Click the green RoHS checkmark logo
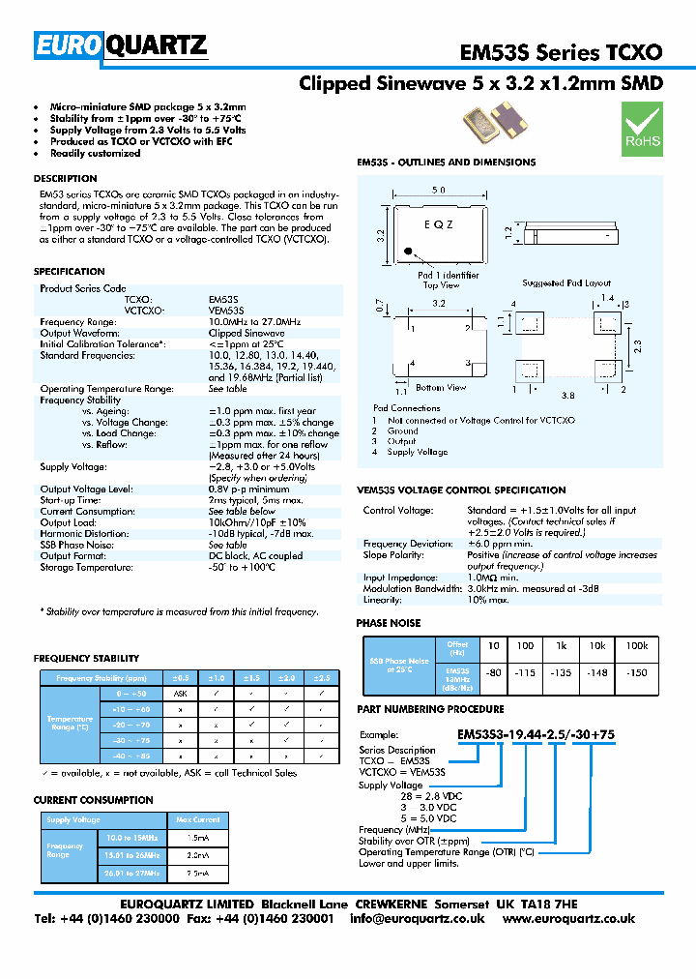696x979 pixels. [642, 128]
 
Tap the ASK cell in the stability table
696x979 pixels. [180, 695]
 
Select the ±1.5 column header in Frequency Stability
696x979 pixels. [251, 678]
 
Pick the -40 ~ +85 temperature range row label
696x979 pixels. [130, 756]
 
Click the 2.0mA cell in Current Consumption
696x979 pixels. [197, 855]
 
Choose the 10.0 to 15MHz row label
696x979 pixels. [133, 837]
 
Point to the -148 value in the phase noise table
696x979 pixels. [598, 672]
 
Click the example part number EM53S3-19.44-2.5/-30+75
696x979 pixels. [536, 734]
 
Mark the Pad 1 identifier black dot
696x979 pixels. [408, 254]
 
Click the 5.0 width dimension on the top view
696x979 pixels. [438, 191]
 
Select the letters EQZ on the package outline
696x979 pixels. [438, 223]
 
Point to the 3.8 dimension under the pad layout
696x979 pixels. [567, 395]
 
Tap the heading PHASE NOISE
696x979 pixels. [389, 623]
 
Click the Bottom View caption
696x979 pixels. [441, 388]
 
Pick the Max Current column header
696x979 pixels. [198, 819]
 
